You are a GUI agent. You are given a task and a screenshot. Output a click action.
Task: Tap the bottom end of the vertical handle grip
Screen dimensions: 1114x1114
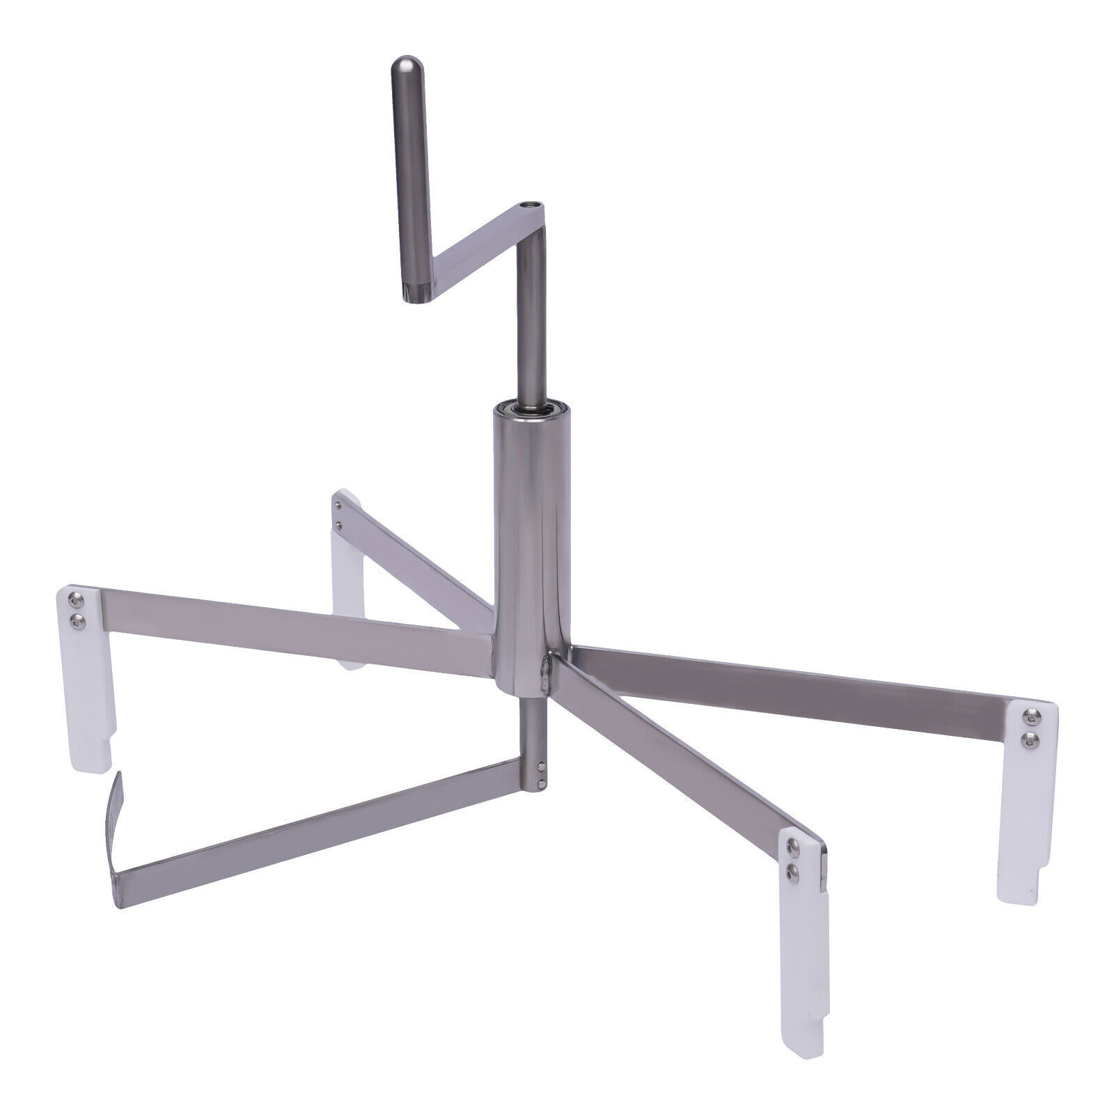416,297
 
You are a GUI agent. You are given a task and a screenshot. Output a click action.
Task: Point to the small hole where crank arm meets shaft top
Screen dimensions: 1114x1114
532,205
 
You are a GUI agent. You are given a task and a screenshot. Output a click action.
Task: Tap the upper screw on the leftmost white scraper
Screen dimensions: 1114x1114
74,597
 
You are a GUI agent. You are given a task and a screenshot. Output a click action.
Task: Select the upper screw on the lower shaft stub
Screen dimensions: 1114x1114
541,767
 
